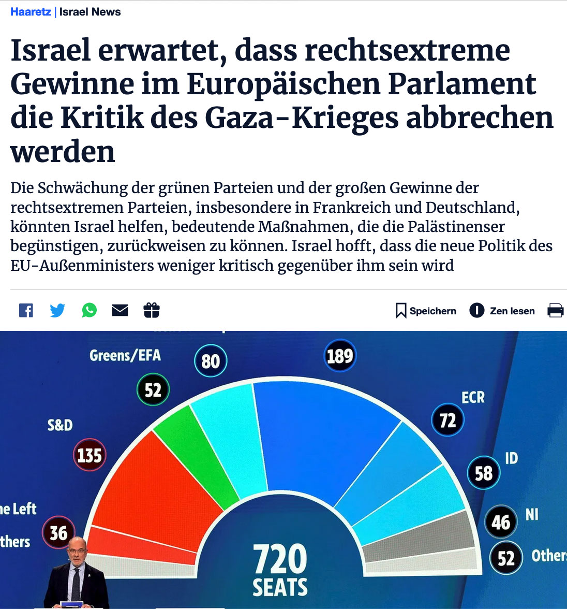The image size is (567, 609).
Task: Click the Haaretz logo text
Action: coord(31,12)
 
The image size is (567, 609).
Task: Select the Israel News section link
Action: coord(90,12)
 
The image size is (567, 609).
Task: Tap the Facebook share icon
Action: coord(26,310)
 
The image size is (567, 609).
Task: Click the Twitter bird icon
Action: coord(57,310)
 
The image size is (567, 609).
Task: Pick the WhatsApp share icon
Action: coord(89,310)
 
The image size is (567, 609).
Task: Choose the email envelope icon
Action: coord(120,310)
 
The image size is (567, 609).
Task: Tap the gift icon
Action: coord(152,310)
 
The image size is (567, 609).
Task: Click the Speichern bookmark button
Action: coord(426,311)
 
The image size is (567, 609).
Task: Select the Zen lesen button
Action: coord(502,311)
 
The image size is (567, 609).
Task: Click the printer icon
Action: coord(555,311)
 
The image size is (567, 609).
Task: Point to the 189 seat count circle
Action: coord(340,356)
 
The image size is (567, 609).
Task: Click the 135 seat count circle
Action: coord(89,456)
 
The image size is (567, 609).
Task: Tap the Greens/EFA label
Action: coord(125,355)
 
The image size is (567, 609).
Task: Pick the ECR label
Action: coord(473,398)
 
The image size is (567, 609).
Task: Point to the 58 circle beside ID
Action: coord(483,473)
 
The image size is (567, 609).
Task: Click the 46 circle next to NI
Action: coord(501,522)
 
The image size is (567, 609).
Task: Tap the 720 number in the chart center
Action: coord(280,558)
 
